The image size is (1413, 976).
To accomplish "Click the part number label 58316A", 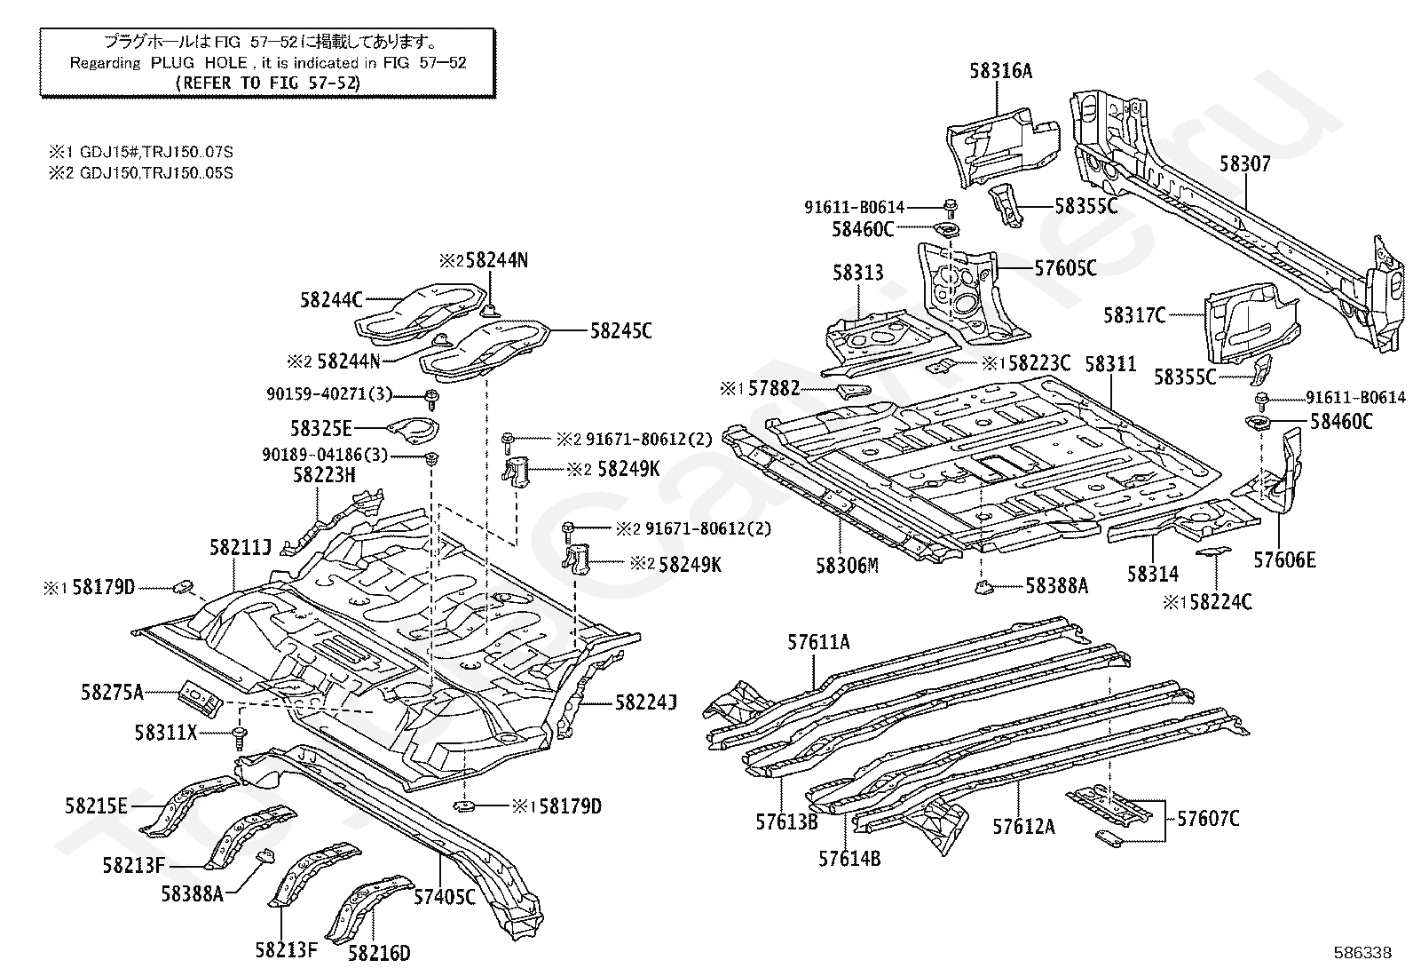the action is pyautogui.click(x=1000, y=71).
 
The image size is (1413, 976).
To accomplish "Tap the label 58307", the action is pyautogui.click(x=1244, y=164).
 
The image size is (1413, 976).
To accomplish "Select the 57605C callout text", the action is pyautogui.click(x=1065, y=268).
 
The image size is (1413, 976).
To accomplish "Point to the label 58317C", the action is pyautogui.click(x=1134, y=315).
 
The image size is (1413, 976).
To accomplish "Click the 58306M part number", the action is pyautogui.click(x=847, y=566).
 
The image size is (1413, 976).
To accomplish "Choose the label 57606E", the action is pyautogui.click(x=1284, y=560).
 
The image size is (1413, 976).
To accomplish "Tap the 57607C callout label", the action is pyautogui.click(x=1208, y=819).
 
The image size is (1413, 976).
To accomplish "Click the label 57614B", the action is pyautogui.click(x=849, y=859).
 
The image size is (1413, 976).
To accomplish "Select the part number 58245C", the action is pyautogui.click(x=620, y=330).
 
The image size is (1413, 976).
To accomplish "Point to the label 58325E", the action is pyautogui.click(x=320, y=429).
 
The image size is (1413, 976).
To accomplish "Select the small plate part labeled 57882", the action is pyautogui.click(x=854, y=391).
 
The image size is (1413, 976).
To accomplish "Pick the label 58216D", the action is pyautogui.click(x=379, y=953).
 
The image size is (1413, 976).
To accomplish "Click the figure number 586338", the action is pyautogui.click(x=1362, y=953).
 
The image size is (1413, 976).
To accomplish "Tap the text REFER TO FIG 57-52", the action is pyautogui.click(x=268, y=83).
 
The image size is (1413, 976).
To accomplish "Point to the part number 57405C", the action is pyautogui.click(x=444, y=896).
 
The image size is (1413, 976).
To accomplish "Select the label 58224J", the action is pyautogui.click(x=646, y=702).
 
